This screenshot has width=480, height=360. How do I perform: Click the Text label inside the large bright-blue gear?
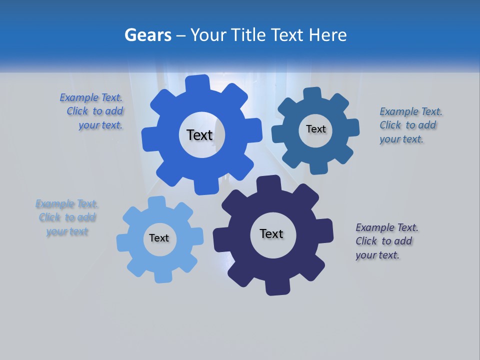200,135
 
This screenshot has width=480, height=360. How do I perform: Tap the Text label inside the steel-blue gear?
315,129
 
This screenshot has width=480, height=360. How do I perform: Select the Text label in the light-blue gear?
159,238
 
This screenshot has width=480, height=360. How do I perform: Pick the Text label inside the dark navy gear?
271,234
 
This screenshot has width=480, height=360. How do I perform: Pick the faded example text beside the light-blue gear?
66,217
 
